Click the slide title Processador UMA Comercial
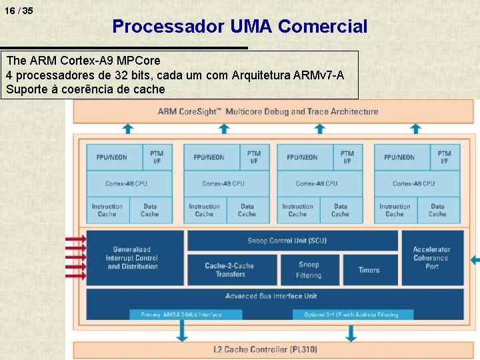pyautogui.click(x=239, y=27)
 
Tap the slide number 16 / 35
pyautogui.click(x=18, y=11)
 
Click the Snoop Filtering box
pyautogui.click(x=308, y=269)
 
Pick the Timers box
pyautogui.click(x=369, y=270)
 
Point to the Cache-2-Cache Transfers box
pyautogui.click(x=231, y=269)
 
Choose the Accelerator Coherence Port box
pyautogui.click(x=431, y=258)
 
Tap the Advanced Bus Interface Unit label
pyautogui.click(x=271, y=296)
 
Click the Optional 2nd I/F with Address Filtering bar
pyautogui.click(x=352, y=315)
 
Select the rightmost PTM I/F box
pyautogui.click(x=445, y=157)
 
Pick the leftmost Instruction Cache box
pyautogui.click(x=107, y=210)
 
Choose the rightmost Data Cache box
pyautogui.click(x=437, y=210)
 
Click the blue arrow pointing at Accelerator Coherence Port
pyautogui.click(x=474, y=259)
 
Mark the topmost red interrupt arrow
pyautogui.click(x=75, y=238)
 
